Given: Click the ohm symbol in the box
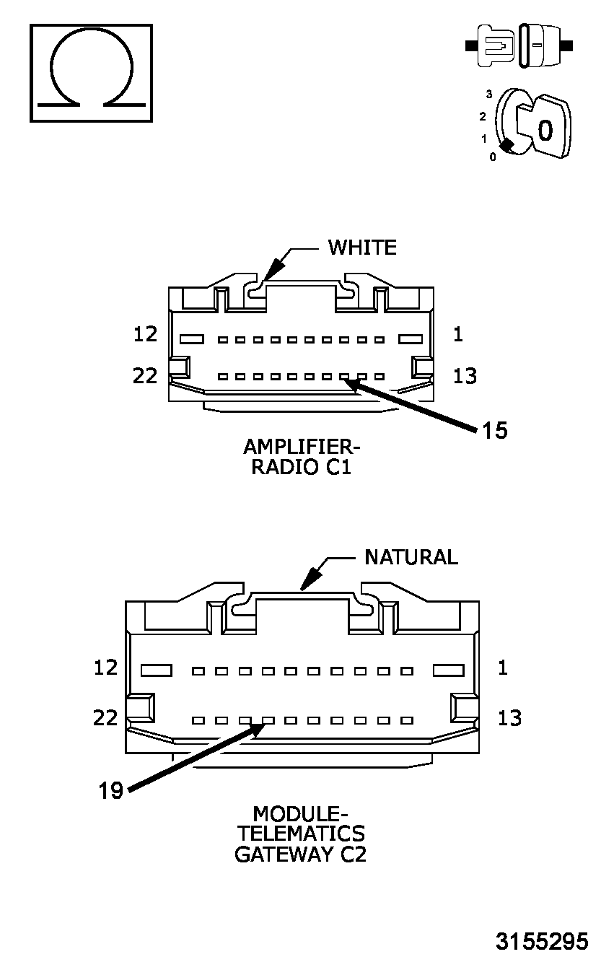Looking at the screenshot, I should point(91,72).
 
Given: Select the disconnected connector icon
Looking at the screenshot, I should point(519,45).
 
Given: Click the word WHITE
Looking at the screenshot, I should point(362,248).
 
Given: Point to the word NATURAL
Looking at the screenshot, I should point(411,557).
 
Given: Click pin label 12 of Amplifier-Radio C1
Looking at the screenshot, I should point(146,334).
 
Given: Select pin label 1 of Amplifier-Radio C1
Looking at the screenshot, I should point(459,334).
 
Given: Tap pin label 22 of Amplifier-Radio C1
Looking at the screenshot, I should point(145,375).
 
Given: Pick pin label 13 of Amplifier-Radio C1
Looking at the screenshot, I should point(465,375).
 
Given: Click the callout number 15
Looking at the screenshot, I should point(495,431).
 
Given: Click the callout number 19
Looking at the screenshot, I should point(111,791).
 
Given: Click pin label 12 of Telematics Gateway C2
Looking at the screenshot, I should point(105,668).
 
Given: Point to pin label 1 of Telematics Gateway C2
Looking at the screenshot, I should point(503,668).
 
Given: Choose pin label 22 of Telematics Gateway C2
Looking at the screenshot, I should point(105,718).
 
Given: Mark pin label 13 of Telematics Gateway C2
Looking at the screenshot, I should point(509,718).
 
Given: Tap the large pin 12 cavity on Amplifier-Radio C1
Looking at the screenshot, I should point(192,338).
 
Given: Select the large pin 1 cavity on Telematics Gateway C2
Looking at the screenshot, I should point(448,670).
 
